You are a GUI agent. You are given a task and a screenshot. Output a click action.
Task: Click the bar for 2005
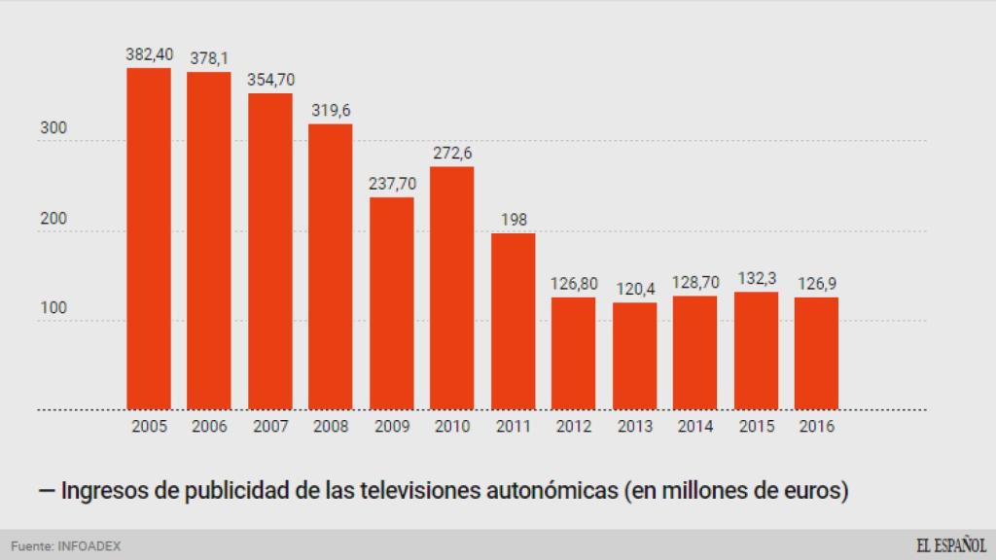(149, 239)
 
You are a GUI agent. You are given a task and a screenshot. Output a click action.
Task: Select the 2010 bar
(452, 289)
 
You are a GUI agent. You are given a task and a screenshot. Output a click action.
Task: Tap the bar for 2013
(634, 357)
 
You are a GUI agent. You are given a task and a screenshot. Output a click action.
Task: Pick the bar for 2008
(331, 267)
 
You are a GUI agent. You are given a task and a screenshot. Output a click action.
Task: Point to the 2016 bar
(816, 354)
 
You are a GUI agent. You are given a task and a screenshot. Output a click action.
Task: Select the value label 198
(513, 220)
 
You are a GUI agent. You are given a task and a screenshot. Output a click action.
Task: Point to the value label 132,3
(756, 279)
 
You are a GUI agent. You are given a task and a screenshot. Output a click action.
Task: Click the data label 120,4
(634, 289)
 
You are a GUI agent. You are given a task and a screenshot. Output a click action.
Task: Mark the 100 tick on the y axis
(53, 308)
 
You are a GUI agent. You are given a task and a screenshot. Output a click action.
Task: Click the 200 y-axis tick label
(53, 219)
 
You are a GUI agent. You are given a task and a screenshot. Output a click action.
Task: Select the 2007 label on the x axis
(270, 427)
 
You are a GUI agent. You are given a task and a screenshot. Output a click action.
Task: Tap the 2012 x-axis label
(574, 427)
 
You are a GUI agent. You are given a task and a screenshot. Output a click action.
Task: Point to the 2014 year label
(694, 427)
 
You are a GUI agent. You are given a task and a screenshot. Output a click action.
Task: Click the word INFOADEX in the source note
(89, 546)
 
